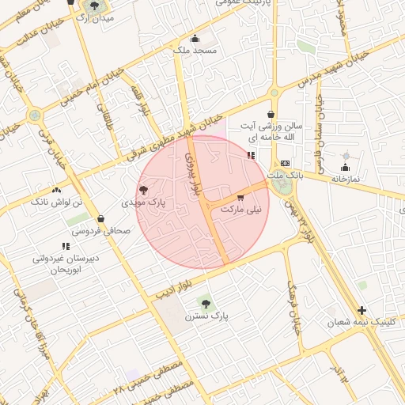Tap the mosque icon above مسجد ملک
coord(195,38)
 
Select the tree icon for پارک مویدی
coord(143,190)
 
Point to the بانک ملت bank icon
coord(286,163)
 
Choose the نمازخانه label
coord(345,179)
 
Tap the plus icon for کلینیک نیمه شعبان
coord(362,310)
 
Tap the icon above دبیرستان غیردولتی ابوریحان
coord(65,247)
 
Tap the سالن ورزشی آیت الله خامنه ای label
coord(272,132)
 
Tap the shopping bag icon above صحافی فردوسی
coord(100,219)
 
